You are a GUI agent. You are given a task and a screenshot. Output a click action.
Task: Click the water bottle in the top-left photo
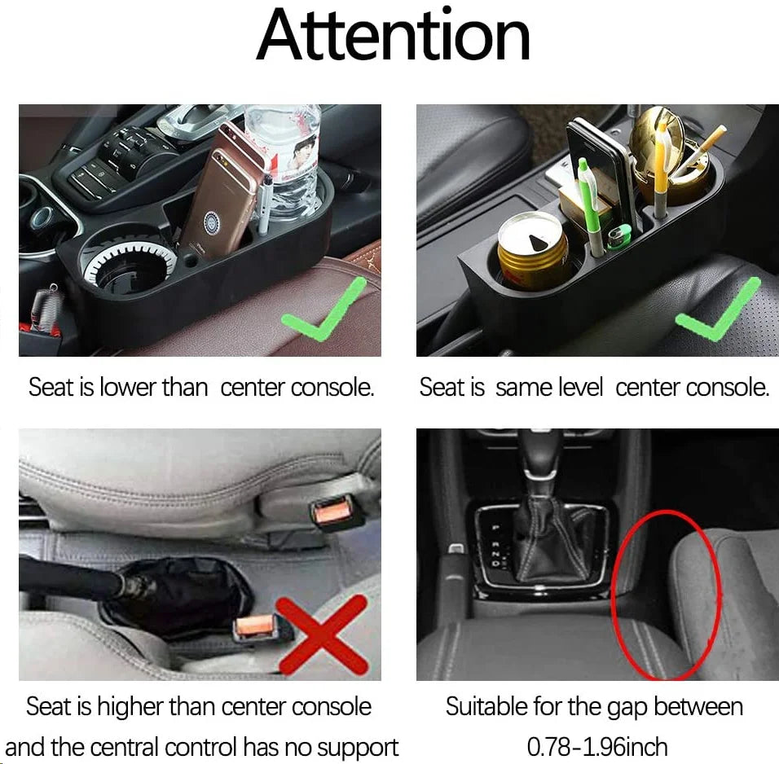[285, 159]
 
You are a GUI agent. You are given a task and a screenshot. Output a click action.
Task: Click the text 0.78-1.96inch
[596, 745]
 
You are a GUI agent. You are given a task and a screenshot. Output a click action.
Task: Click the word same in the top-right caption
[522, 388]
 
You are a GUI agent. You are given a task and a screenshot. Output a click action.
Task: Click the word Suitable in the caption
[486, 706]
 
